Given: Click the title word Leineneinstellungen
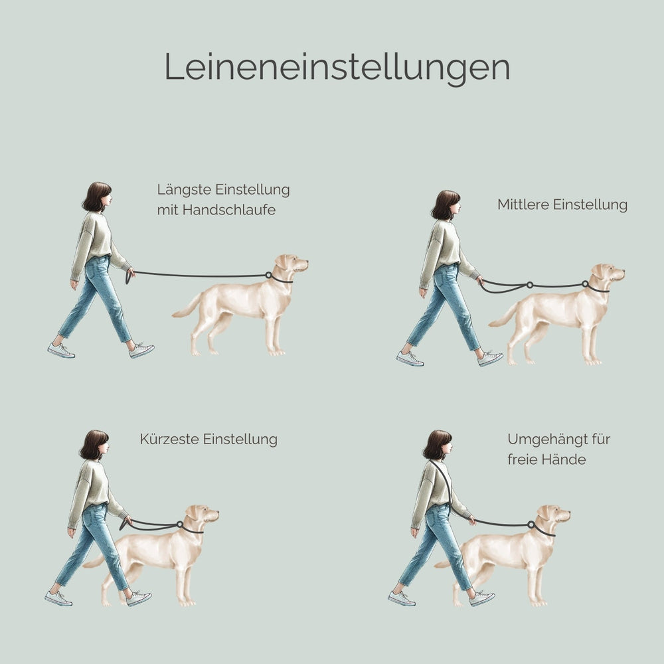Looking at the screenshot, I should (337, 67).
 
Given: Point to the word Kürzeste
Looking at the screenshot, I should (170, 440).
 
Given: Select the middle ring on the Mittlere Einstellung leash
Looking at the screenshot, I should (529, 286).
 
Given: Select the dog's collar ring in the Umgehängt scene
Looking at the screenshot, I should (531, 525).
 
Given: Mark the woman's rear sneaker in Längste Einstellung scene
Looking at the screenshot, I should (61, 351).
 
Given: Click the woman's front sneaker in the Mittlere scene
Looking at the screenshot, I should (490, 359).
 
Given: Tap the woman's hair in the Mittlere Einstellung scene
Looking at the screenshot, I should (443, 204).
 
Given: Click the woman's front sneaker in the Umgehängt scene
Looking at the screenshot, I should (481, 598).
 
